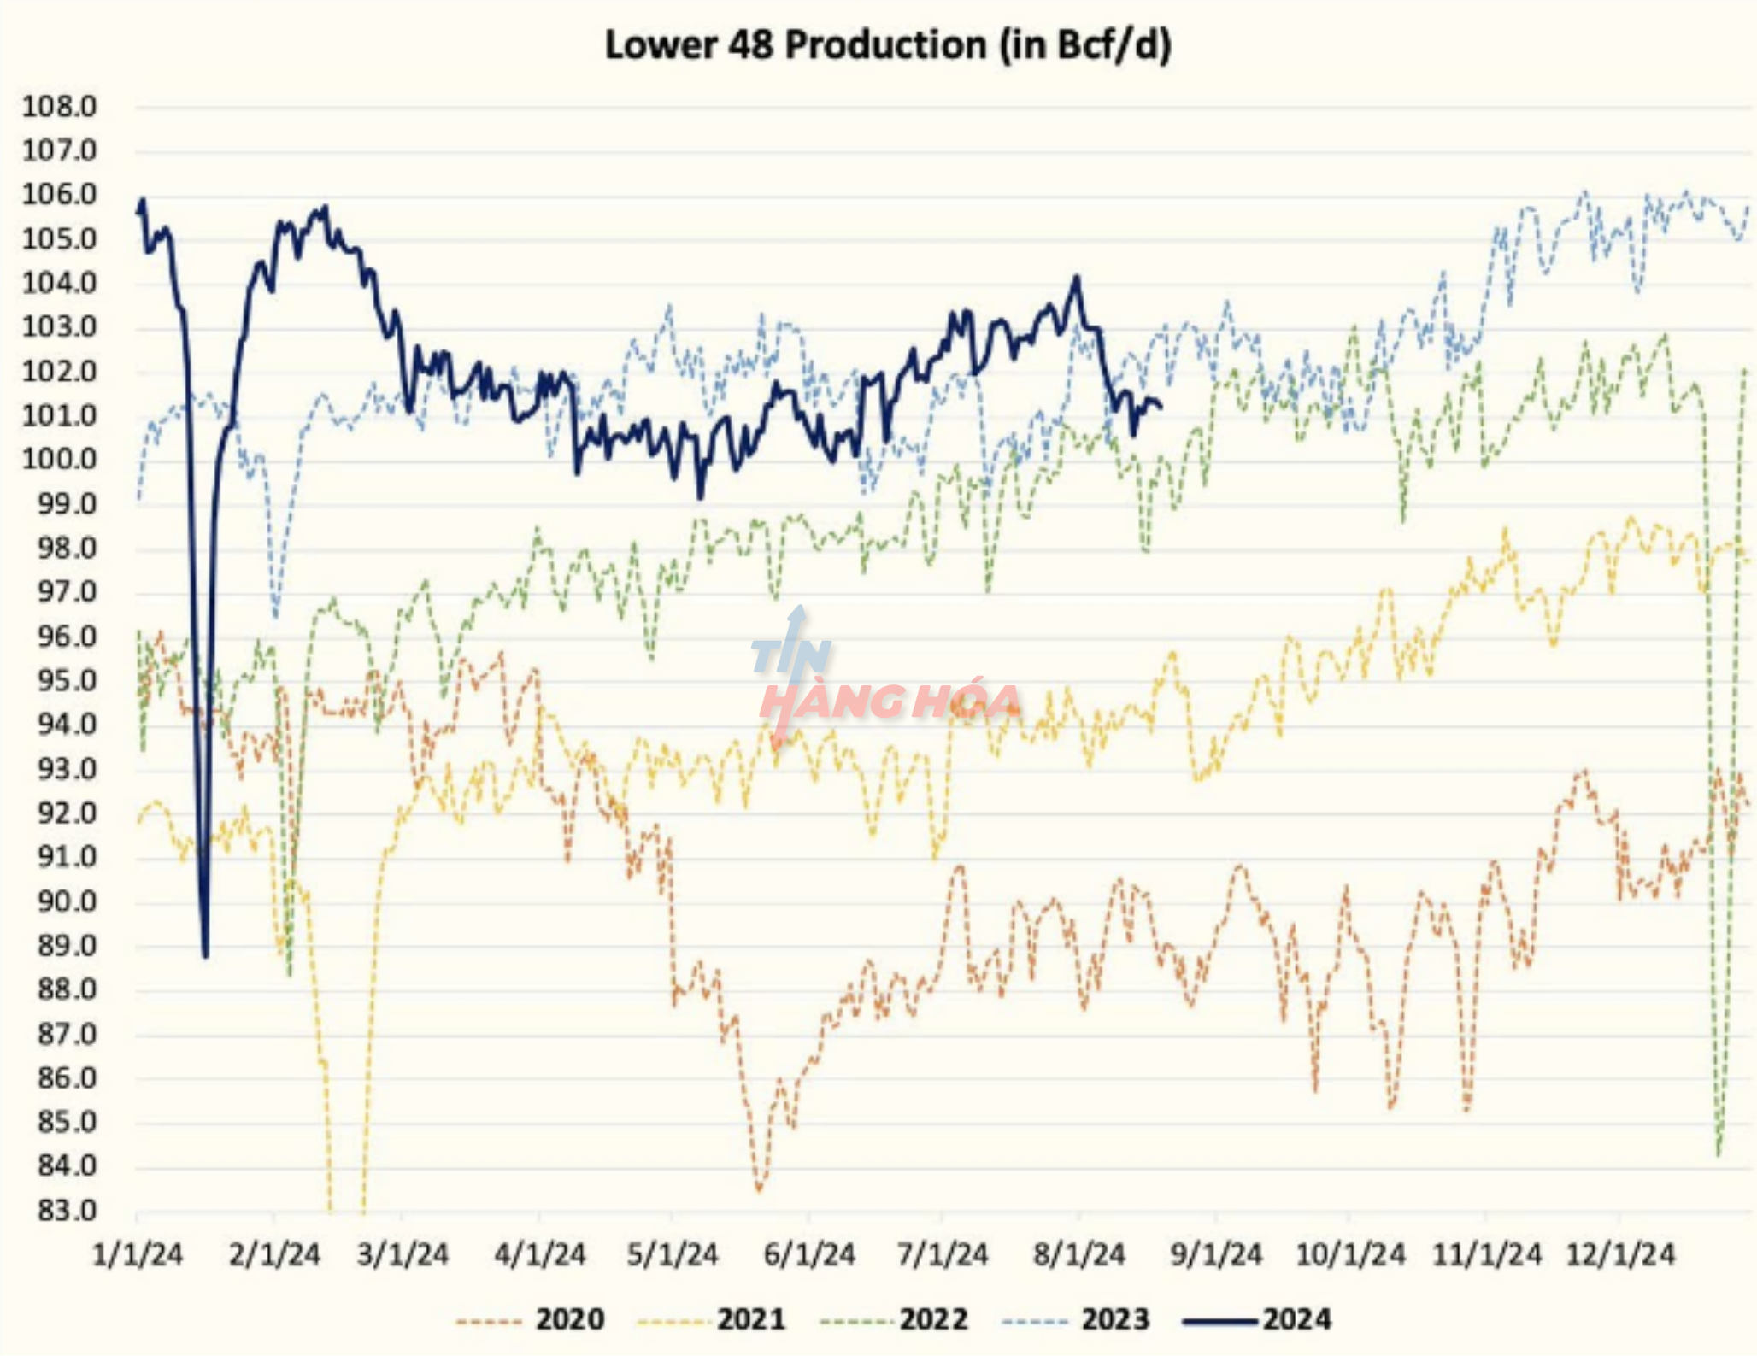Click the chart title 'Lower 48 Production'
point(795,44)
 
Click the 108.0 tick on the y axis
point(59,107)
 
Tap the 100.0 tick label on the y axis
point(59,460)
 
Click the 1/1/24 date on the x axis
point(137,1254)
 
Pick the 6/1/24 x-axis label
point(808,1254)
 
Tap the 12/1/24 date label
point(1619,1254)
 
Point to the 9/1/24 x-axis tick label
point(1215,1254)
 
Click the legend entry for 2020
point(570,1319)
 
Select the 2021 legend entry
point(750,1319)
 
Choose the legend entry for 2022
point(933,1319)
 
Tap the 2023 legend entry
point(1115,1319)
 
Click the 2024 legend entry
point(1296,1319)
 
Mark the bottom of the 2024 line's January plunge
point(205,955)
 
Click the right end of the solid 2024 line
point(1160,407)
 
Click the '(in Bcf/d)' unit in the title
point(1085,44)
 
